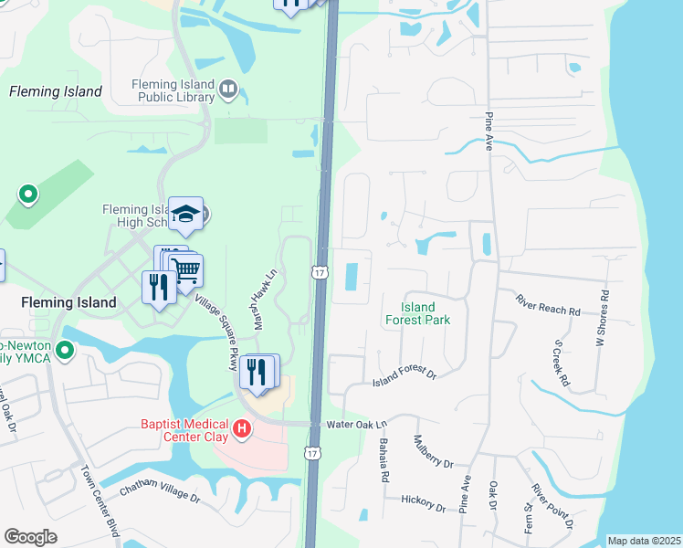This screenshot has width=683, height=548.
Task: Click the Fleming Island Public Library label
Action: tap(173, 90)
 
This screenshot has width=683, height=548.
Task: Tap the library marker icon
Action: tap(228, 90)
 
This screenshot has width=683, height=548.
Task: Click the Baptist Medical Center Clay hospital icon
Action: tap(241, 427)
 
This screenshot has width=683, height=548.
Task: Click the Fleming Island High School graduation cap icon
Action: tap(185, 215)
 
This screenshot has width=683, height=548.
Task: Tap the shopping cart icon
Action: tap(185, 269)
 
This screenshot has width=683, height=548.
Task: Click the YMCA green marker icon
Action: tap(64, 350)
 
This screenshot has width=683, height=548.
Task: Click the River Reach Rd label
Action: tap(548, 305)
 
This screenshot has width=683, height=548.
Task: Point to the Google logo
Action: tap(30, 537)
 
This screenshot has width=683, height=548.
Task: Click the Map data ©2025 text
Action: tap(643, 541)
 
